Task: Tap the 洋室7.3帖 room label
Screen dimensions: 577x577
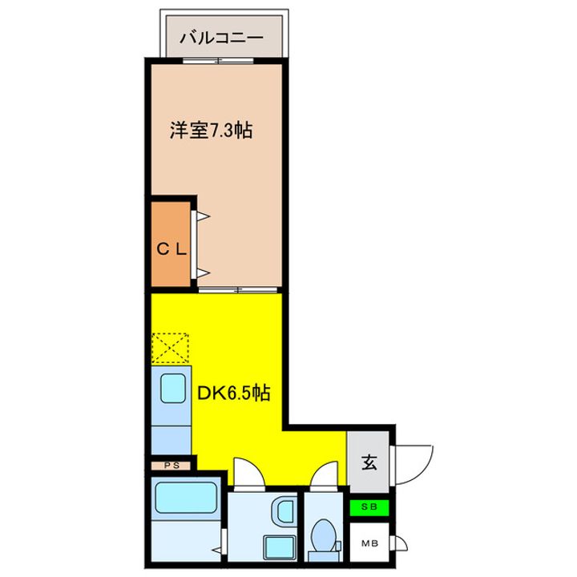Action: point(211,130)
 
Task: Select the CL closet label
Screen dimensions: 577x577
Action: point(171,249)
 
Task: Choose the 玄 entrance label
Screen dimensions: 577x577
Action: point(369,462)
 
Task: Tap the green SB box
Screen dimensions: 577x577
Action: point(369,507)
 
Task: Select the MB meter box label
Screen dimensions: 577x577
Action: point(369,543)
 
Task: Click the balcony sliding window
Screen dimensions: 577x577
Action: point(214,61)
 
